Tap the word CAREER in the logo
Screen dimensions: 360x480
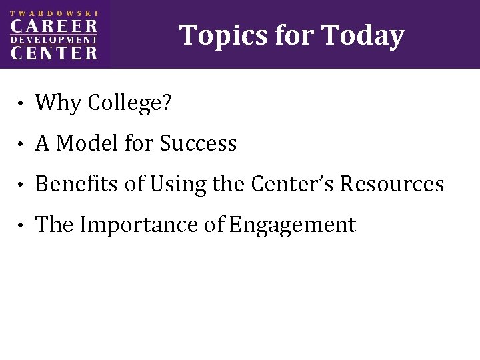(x=55, y=27)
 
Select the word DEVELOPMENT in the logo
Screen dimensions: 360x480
(x=55, y=41)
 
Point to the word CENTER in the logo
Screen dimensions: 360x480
(x=55, y=53)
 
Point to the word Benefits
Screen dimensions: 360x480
(x=78, y=184)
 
